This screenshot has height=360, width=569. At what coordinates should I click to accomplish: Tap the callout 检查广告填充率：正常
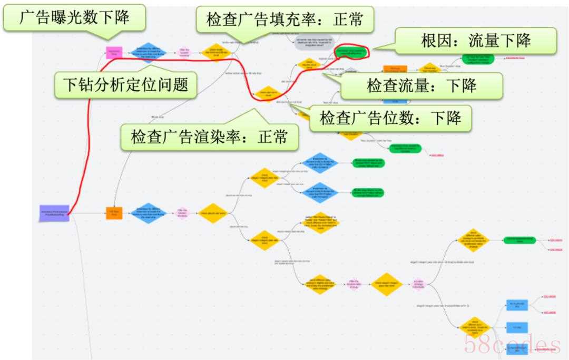(284, 21)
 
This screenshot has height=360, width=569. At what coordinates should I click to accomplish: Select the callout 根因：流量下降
(476, 41)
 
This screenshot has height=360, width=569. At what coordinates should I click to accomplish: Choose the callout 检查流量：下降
(420, 85)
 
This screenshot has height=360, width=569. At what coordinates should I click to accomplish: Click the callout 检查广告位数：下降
(390, 118)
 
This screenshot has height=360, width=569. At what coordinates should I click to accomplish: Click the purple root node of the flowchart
(54, 213)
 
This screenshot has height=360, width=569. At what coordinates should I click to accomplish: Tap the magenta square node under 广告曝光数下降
(114, 52)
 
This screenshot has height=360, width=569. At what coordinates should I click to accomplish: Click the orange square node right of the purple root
(114, 213)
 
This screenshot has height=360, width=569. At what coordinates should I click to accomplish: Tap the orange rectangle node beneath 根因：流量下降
(395, 70)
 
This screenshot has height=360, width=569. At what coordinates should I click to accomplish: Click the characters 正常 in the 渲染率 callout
(272, 137)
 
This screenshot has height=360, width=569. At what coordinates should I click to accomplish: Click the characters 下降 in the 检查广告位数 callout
(446, 118)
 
